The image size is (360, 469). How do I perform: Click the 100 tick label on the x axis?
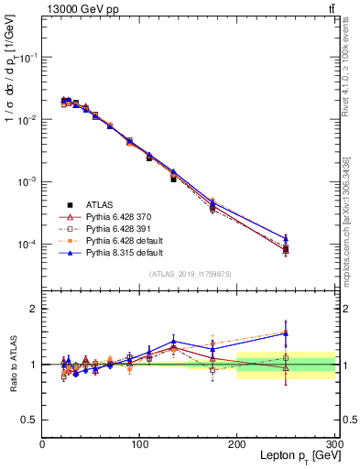click(x=139, y=444)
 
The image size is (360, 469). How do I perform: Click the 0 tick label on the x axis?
click(x=43, y=444)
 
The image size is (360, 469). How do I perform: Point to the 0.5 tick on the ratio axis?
click(x=29, y=420)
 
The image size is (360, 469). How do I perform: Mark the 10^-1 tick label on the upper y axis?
click(x=27, y=58)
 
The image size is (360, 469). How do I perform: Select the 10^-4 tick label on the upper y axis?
click(x=27, y=245)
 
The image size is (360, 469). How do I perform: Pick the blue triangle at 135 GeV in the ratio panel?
click(x=173, y=341)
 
